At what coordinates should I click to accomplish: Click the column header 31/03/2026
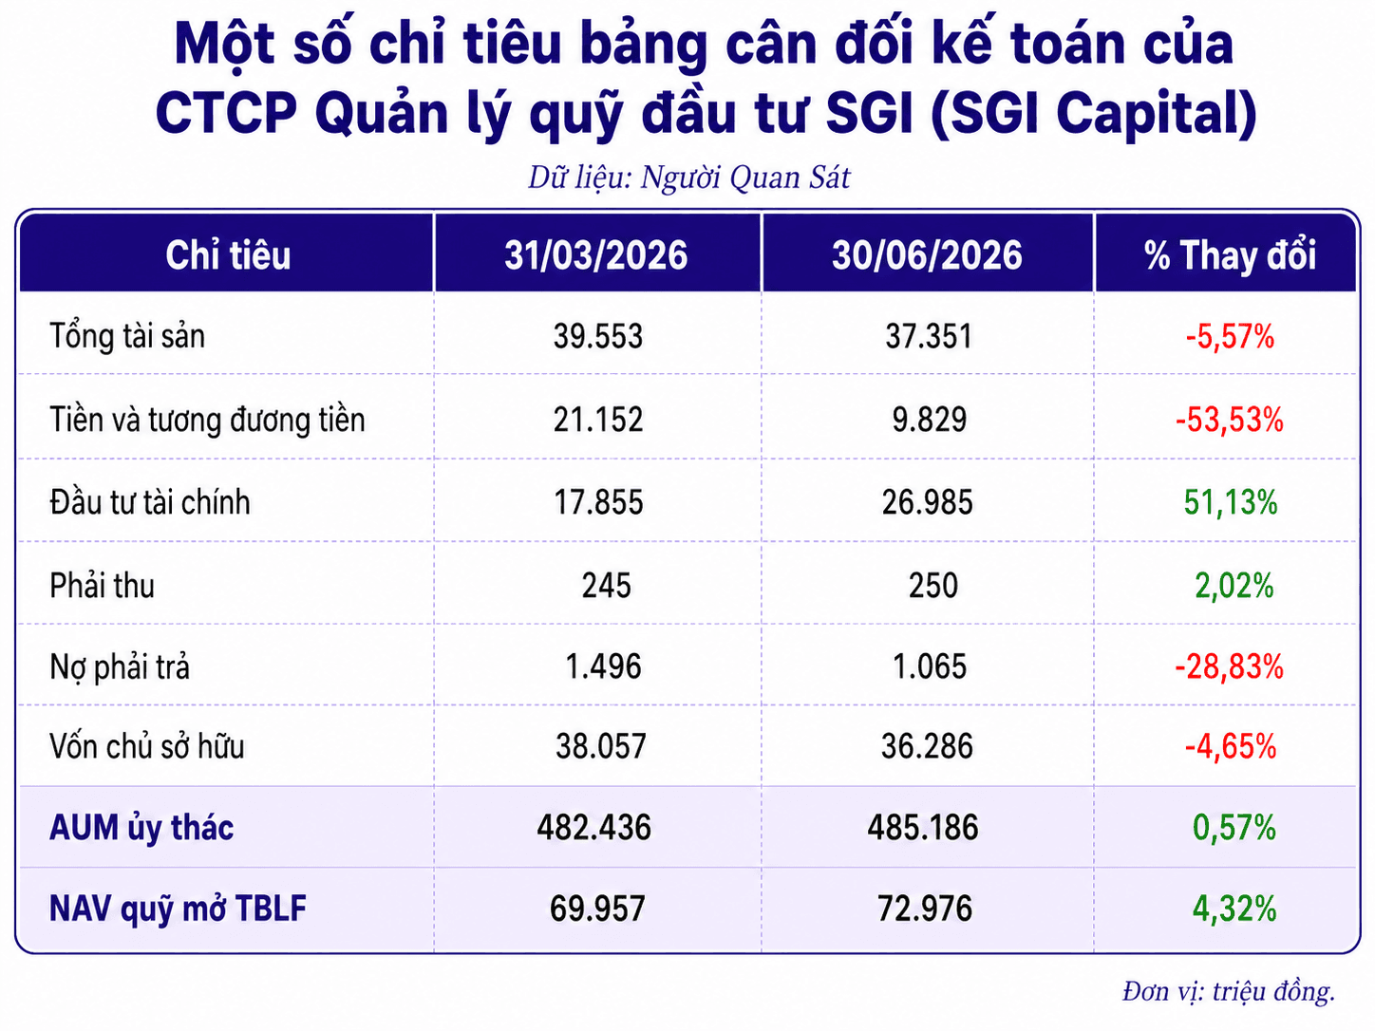click(595, 255)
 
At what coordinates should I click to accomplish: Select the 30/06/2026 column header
click(927, 255)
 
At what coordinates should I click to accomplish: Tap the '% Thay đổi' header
click(1230, 255)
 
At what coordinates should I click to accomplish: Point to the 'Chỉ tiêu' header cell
click(228, 255)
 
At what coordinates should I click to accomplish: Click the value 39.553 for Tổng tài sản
click(597, 336)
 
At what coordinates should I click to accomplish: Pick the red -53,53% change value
click(1229, 420)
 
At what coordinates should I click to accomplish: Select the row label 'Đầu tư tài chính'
click(150, 502)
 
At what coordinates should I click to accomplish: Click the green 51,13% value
click(1231, 502)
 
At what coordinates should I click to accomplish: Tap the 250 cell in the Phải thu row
click(933, 586)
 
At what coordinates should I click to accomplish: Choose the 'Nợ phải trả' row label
click(120, 666)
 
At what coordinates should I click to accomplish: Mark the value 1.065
click(929, 666)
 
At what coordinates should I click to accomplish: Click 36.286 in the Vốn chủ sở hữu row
click(927, 746)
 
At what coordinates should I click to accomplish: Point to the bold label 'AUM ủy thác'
click(141, 828)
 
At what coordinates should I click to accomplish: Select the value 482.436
click(593, 827)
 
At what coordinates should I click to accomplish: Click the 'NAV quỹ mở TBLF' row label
click(178, 909)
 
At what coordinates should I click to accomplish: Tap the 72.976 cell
click(925, 909)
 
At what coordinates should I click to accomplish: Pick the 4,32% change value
click(1234, 909)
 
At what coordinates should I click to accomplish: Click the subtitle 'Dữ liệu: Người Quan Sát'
click(688, 178)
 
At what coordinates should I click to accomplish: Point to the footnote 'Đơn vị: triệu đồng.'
click(1229, 991)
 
